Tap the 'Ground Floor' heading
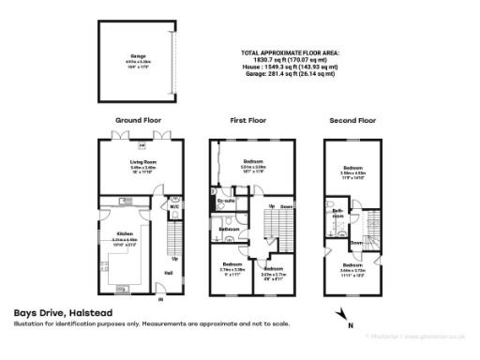point(138,121)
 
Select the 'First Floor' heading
point(248,121)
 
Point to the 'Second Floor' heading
point(352,121)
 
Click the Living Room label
point(142,161)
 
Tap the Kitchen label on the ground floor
point(125,233)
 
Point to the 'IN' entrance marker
point(159,300)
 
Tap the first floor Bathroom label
point(229,228)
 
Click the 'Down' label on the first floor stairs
point(287,206)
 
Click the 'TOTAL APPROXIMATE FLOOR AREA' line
point(290,52)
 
